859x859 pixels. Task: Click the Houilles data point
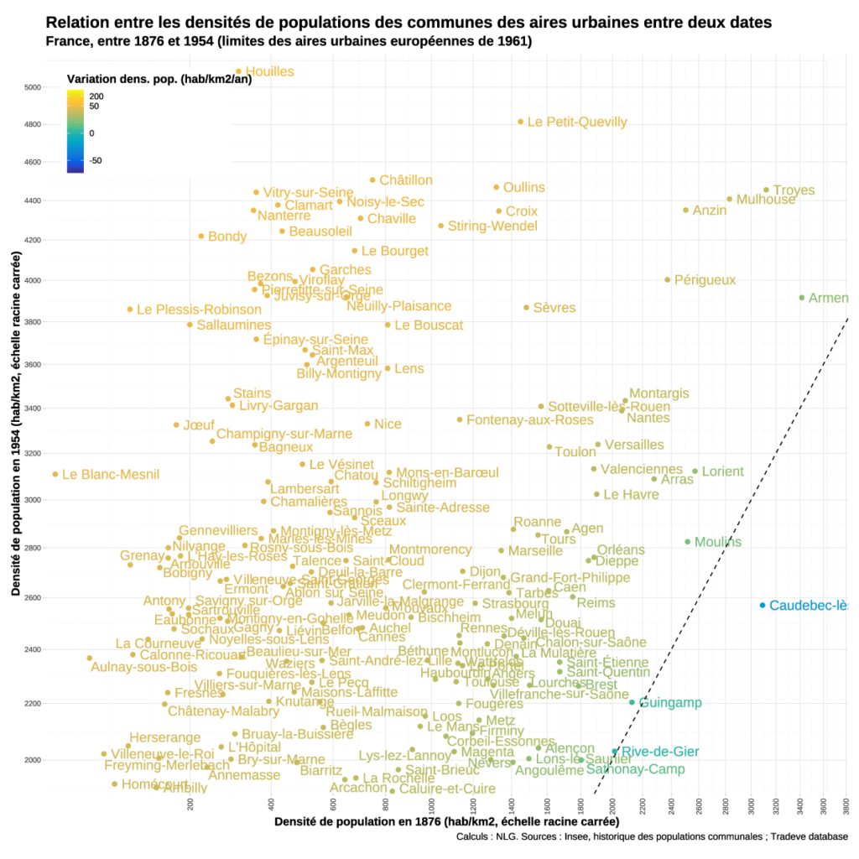238,72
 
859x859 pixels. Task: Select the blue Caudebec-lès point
763,606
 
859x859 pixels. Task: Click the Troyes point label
794,190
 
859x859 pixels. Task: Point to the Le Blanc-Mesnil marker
55,474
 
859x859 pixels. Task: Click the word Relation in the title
76,22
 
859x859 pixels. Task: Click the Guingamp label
670,703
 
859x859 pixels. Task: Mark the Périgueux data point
668,280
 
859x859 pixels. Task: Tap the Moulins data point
688,542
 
